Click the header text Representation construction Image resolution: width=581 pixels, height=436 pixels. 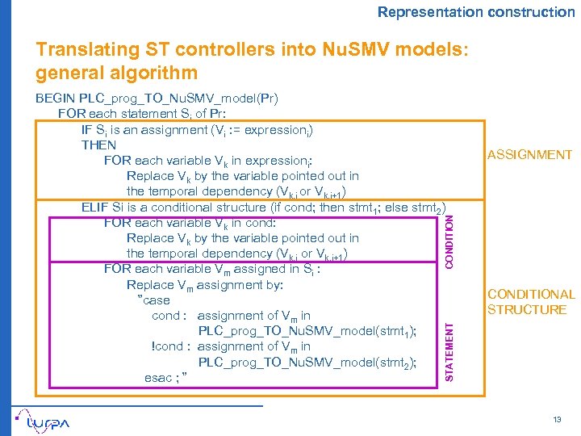[x=476, y=12]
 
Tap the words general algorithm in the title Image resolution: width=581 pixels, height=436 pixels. [x=116, y=73]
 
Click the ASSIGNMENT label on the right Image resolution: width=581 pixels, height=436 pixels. [x=530, y=155]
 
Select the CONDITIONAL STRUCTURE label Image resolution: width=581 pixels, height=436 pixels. [x=531, y=302]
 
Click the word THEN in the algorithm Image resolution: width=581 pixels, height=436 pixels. [x=99, y=145]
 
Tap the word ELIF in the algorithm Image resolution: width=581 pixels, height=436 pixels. [x=95, y=208]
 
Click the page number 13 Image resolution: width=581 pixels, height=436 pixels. [x=557, y=420]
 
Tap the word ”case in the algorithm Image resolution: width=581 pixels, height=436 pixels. [x=154, y=300]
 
